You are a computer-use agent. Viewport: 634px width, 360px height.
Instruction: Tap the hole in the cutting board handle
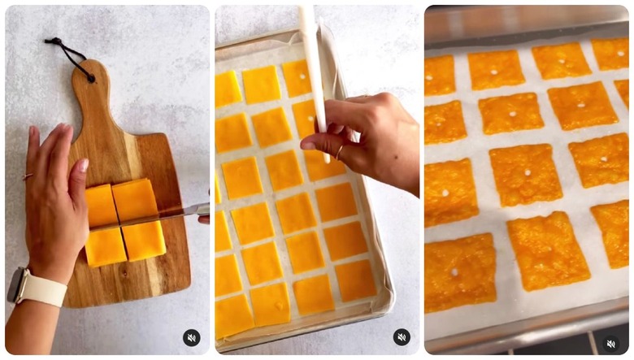tap(88, 78)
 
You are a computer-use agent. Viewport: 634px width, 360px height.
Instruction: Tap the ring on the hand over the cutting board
tap(27, 176)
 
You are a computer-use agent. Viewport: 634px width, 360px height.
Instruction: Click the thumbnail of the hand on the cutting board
tap(83, 166)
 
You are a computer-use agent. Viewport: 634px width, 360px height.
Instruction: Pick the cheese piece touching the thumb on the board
tap(102, 205)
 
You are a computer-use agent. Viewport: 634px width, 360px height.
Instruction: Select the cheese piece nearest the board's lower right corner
tap(144, 241)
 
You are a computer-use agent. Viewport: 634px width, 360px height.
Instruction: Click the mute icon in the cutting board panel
tap(191, 337)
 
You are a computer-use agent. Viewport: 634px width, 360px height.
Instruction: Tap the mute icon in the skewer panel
tap(402, 337)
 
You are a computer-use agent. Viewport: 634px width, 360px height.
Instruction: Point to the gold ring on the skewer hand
tap(340, 152)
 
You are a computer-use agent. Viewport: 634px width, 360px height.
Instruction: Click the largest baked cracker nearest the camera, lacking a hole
tap(549, 251)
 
